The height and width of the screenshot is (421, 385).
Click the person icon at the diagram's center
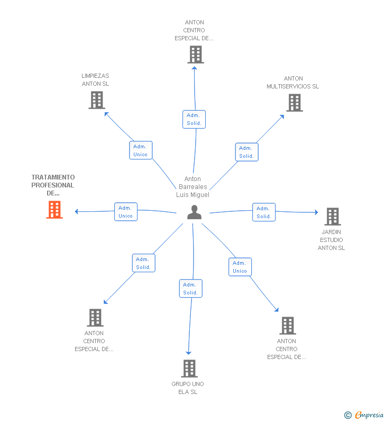(x=195, y=212)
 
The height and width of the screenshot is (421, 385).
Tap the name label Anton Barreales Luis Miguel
(x=192, y=187)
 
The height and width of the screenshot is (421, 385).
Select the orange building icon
(x=54, y=210)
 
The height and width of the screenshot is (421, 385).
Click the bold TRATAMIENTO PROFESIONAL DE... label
(x=53, y=185)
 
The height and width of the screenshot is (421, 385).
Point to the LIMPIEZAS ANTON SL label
(x=95, y=79)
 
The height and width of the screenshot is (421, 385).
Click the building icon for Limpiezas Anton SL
(x=96, y=100)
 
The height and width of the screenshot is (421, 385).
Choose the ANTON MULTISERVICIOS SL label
(x=293, y=83)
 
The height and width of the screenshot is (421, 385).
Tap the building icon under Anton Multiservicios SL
(x=294, y=103)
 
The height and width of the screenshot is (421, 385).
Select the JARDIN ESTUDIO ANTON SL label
(x=331, y=240)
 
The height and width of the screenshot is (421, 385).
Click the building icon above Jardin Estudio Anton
(x=332, y=216)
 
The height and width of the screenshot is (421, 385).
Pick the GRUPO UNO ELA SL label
(x=188, y=388)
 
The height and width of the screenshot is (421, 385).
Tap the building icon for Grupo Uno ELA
(x=189, y=368)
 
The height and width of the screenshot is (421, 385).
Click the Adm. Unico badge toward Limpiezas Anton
(x=141, y=150)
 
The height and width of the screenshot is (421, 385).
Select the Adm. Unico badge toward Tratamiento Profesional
(x=126, y=212)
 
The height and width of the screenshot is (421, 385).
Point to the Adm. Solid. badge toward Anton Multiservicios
(x=246, y=152)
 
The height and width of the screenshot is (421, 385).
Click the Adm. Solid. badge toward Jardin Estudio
(x=264, y=212)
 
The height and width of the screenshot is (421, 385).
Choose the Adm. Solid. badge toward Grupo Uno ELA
(x=190, y=289)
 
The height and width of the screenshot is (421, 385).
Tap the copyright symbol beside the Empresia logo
(x=348, y=415)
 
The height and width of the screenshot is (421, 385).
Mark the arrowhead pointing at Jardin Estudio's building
(x=316, y=212)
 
